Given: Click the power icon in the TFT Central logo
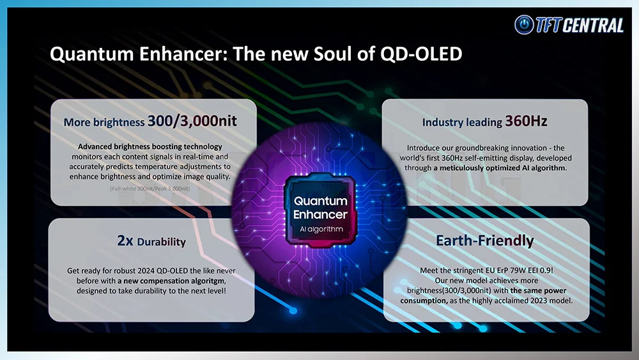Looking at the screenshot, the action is [x=524, y=25].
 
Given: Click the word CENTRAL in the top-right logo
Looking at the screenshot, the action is [x=594, y=26].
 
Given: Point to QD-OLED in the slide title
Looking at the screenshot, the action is [x=421, y=54].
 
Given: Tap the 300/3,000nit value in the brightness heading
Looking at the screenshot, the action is [x=192, y=121].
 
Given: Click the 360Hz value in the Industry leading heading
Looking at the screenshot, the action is [x=526, y=121].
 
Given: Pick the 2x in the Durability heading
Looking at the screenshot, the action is [x=125, y=240].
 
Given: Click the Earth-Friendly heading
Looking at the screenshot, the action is [x=484, y=240].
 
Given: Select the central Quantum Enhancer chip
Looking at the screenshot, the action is [x=320, y=210].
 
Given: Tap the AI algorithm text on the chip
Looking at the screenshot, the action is [x=321, y=230].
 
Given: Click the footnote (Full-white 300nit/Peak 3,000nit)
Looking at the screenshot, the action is [x=150, y=189].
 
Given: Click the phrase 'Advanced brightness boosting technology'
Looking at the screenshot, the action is [x=150, y=147].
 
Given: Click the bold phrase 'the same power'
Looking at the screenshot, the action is [x=538, y=291].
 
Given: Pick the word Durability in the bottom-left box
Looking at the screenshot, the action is [x=162, y=242].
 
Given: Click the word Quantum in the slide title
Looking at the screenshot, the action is [x=91, y=54].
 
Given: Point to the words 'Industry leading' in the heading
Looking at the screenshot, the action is [x=462, y=122].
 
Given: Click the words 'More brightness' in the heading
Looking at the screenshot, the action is [x=104, y=122].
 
